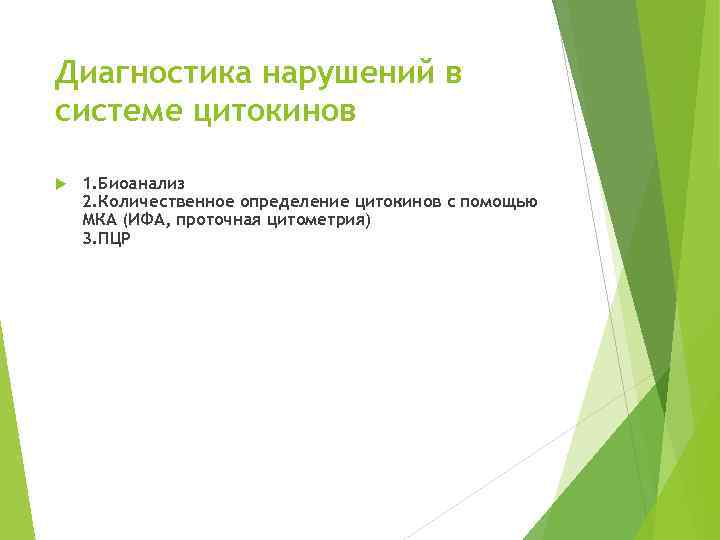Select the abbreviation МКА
coord(100,219)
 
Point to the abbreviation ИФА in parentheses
coord(143,219)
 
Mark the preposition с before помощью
coord(451,203)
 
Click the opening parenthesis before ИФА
coord(125,219)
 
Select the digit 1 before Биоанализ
coord(87,184)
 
